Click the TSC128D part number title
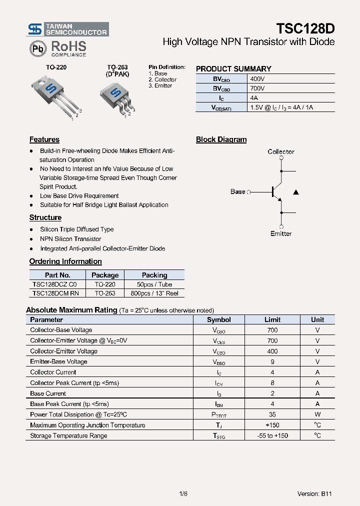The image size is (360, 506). coord(305,28)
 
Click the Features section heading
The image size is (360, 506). coord(44,139)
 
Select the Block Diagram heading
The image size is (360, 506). coord(221,139)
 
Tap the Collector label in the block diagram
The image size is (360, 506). coord(281,151)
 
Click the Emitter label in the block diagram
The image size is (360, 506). coord(281,233)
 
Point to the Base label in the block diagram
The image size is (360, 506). coord(238,191)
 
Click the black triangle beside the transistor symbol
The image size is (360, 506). coord(296,192)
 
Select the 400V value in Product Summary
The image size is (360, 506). coord(257,78)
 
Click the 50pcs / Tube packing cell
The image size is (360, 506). coord(154,284)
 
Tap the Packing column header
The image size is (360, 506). coord(154,275)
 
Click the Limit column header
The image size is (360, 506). coord(272,319)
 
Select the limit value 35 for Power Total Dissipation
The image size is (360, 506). coord(272,414)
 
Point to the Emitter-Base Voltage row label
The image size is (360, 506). coord(58,361)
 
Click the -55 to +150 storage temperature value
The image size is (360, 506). coord(272,435)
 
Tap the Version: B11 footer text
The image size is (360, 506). coord(314,493)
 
